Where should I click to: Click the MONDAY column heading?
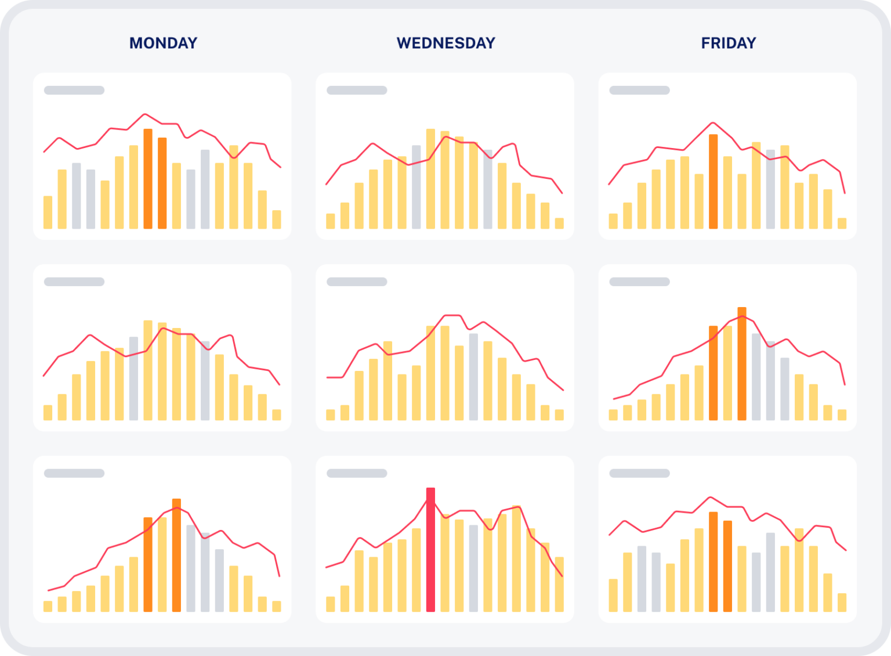[x=163, y=43]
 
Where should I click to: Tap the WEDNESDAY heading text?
[x=445, y=43]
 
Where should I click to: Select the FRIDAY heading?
[x=729, y=43]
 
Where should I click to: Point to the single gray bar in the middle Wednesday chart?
[x=473, y=377]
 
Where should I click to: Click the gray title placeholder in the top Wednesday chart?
[x=357, y=90]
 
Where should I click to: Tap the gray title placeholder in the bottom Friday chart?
[x=639, y=473]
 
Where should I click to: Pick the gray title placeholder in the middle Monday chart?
[x=74, y=282]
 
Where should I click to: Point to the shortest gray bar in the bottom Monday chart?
[x=219, y=580]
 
